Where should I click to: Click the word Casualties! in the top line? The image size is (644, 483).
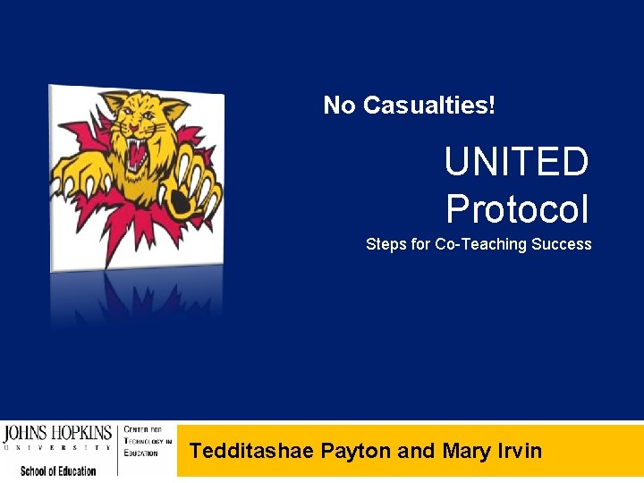pyautogui.click(x=429, y=106)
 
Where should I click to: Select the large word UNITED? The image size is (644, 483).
pyautogui.click(x=516, y=163)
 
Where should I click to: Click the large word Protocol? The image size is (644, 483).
pyautogui.click(x=517, y=209)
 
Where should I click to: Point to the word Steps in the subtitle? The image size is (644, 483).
pyautogui.click(x=386, y=244)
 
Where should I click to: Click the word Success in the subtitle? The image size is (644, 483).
pyautogui.click(x=561, y=244)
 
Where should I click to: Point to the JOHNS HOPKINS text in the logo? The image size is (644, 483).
pyautogui.click(x=57, y=434)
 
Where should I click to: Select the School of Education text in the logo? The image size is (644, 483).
pyautogui.click(x=58, y=470)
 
